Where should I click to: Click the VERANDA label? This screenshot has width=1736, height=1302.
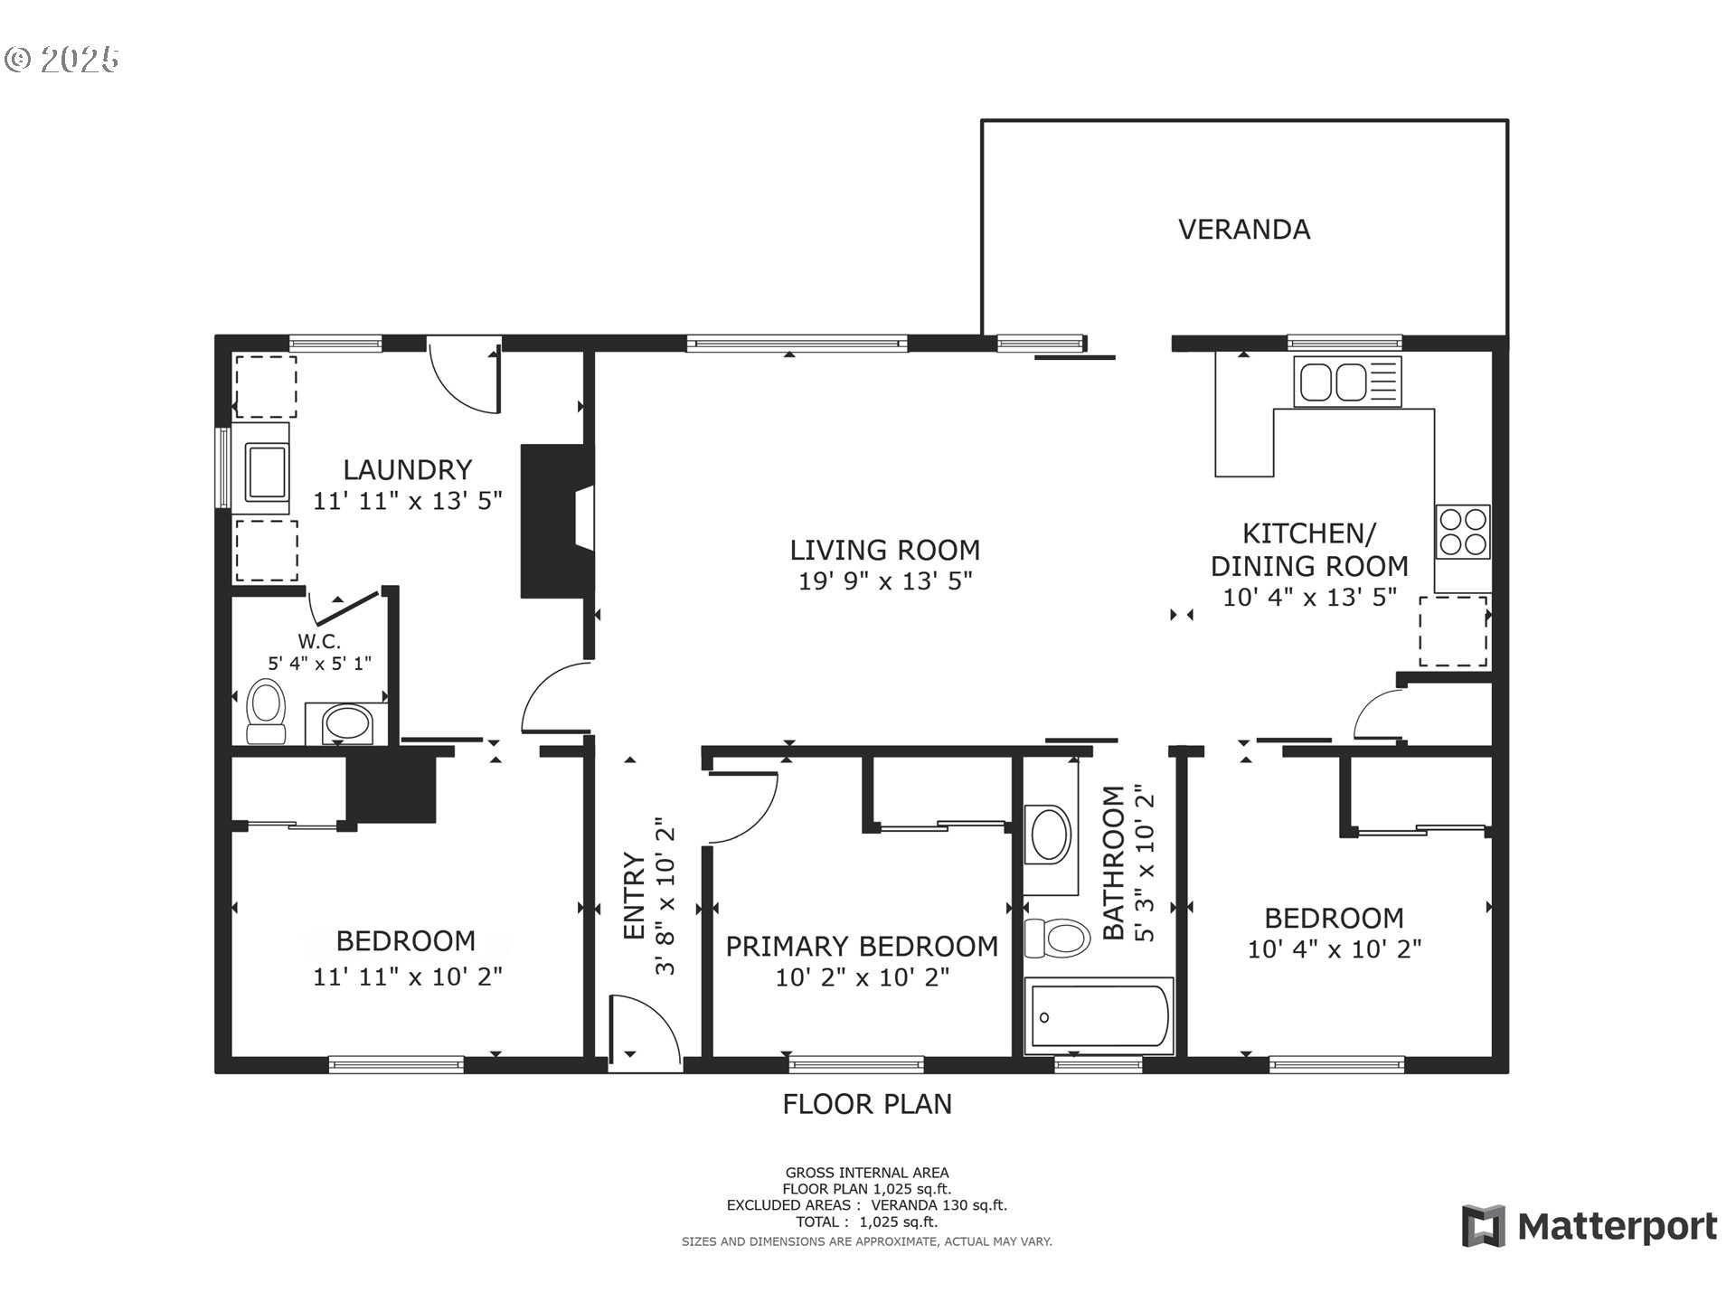tap(1243, 230)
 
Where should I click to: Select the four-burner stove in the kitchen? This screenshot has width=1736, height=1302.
tap(1462, 532)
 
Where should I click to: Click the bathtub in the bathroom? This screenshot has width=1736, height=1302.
tap(1098, 1016)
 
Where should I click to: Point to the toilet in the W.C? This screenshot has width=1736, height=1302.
tap(266, 711)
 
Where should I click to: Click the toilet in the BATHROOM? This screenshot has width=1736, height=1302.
tap(1056, 938)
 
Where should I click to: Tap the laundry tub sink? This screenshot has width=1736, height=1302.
tap(268, 472)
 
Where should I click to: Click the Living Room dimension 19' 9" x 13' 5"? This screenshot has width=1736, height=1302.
tap(884, 581)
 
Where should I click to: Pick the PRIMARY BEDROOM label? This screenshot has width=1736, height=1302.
tap(862, 947)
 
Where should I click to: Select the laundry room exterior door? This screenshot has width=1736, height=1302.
tap(463, 376)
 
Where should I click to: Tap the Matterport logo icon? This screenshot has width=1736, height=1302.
tap(1484, 1226)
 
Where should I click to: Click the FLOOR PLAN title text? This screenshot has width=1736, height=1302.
tap(867, 1104)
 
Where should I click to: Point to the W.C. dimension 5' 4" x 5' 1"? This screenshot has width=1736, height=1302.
tap(319, 664)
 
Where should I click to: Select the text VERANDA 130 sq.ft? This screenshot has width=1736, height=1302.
tap(939, 1205)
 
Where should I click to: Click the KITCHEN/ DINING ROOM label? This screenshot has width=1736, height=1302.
tap(1308, 550)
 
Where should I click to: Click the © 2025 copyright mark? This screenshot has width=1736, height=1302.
tap(61, 60)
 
